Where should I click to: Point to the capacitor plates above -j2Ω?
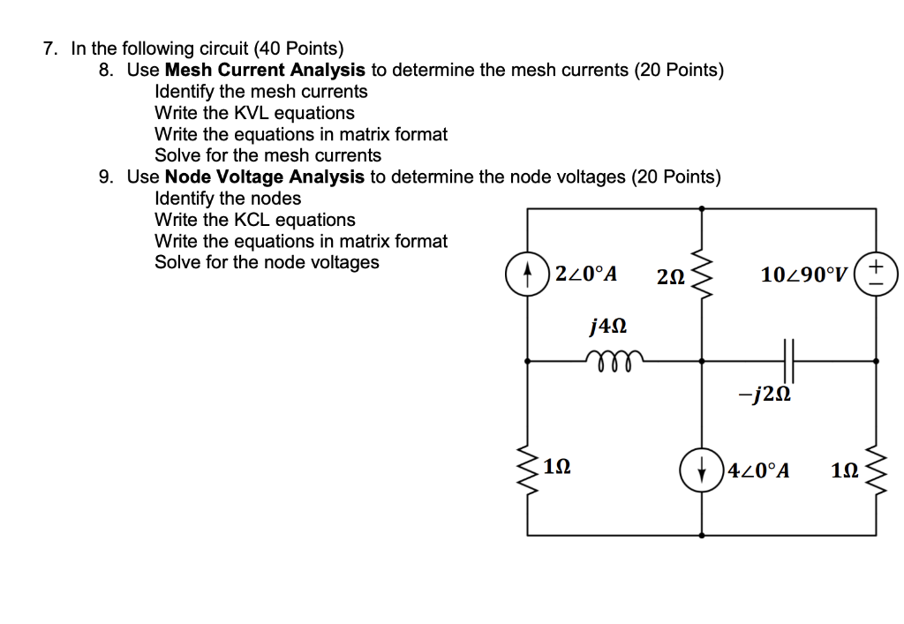pos(788,360)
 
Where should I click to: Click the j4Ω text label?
pos(607,327)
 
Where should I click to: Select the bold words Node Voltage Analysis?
pos(264,177)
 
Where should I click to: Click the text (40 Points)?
pos(299,49)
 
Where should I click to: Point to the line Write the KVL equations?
pos(254,113)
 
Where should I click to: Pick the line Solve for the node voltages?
pos(267,262)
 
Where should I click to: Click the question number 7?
pos(50,49)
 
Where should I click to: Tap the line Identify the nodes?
pos(228,199)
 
